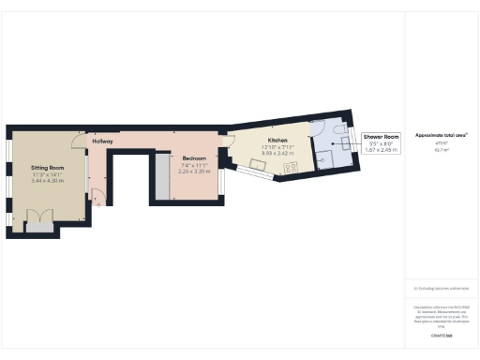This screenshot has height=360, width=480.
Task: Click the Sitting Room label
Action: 41,165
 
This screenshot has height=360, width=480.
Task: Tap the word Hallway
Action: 102,142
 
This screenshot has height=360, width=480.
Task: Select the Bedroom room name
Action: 194,158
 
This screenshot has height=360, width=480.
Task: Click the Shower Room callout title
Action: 380,137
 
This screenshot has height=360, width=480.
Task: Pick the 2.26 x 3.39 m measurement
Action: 194,172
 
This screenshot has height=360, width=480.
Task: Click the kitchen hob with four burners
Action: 291,169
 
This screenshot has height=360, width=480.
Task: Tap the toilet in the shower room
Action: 338,130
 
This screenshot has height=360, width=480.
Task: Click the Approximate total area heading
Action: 441,136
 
